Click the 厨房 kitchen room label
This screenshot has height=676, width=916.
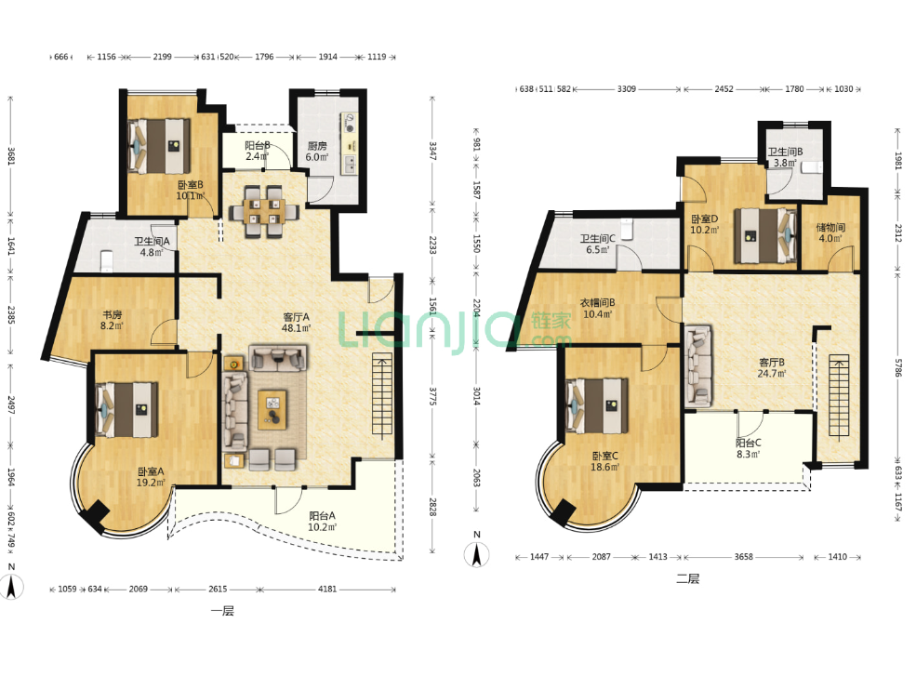coord(317,146)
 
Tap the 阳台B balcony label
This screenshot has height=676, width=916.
coord(257,145)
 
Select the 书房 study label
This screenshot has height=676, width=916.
coord(113,315)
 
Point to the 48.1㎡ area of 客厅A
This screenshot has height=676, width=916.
coord(296,328)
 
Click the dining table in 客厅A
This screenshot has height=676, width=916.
coord(263,211)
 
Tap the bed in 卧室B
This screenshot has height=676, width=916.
coord(160,147)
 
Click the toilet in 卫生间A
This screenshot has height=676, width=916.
coord(106,261)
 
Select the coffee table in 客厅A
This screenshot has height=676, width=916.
coord(272,409)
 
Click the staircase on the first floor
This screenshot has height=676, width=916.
coord(382,396)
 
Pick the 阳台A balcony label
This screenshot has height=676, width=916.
coord(322,516)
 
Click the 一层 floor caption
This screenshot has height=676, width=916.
coord(222,611)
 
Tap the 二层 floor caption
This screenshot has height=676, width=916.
coord(687,579)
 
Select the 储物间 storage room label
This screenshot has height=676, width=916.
coord(830,227)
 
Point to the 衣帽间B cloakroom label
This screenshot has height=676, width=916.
coord(597,302)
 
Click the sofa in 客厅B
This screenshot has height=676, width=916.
coord(697,366)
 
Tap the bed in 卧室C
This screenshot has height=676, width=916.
coord(597,406)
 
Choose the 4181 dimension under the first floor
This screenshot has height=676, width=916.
coord(327,589)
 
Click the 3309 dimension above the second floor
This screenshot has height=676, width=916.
coord(626,89)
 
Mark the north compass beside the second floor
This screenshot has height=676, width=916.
coord(476,552)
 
